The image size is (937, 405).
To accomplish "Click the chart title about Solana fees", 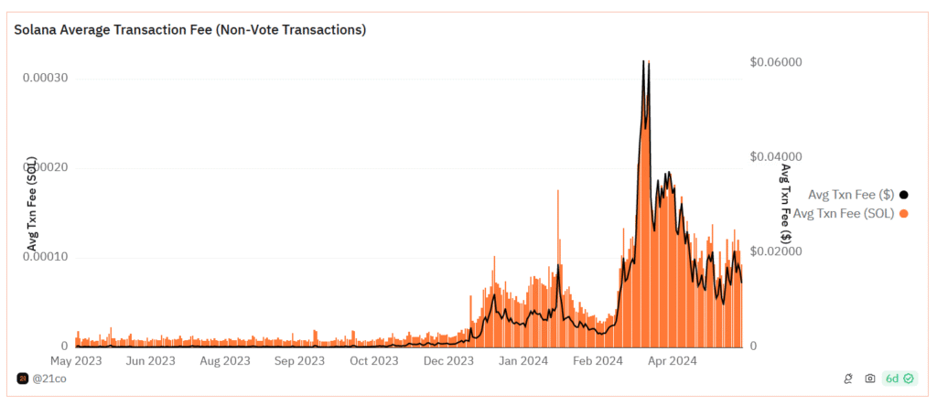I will (189, 29).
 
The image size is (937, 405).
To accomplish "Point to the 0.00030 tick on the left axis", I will (45, 78).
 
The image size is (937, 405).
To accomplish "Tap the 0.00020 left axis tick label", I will (45, 167).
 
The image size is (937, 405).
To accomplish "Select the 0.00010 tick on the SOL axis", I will (45, 257).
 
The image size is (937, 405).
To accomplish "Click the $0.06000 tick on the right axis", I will (776, 62).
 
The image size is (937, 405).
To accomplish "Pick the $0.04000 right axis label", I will (776, 156).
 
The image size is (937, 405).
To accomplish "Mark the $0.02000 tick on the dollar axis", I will (776, 250).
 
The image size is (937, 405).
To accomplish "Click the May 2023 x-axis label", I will (75, 360).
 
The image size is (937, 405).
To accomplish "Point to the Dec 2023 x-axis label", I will (447, 360).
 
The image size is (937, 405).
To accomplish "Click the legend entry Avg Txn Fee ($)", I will (851, 194).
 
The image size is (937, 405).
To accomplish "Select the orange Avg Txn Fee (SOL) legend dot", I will (904, 213).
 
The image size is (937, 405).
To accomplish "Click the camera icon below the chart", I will (870, 378).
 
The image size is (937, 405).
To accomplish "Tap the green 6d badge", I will (899, 378).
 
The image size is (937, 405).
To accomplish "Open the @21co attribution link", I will (47, 378).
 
